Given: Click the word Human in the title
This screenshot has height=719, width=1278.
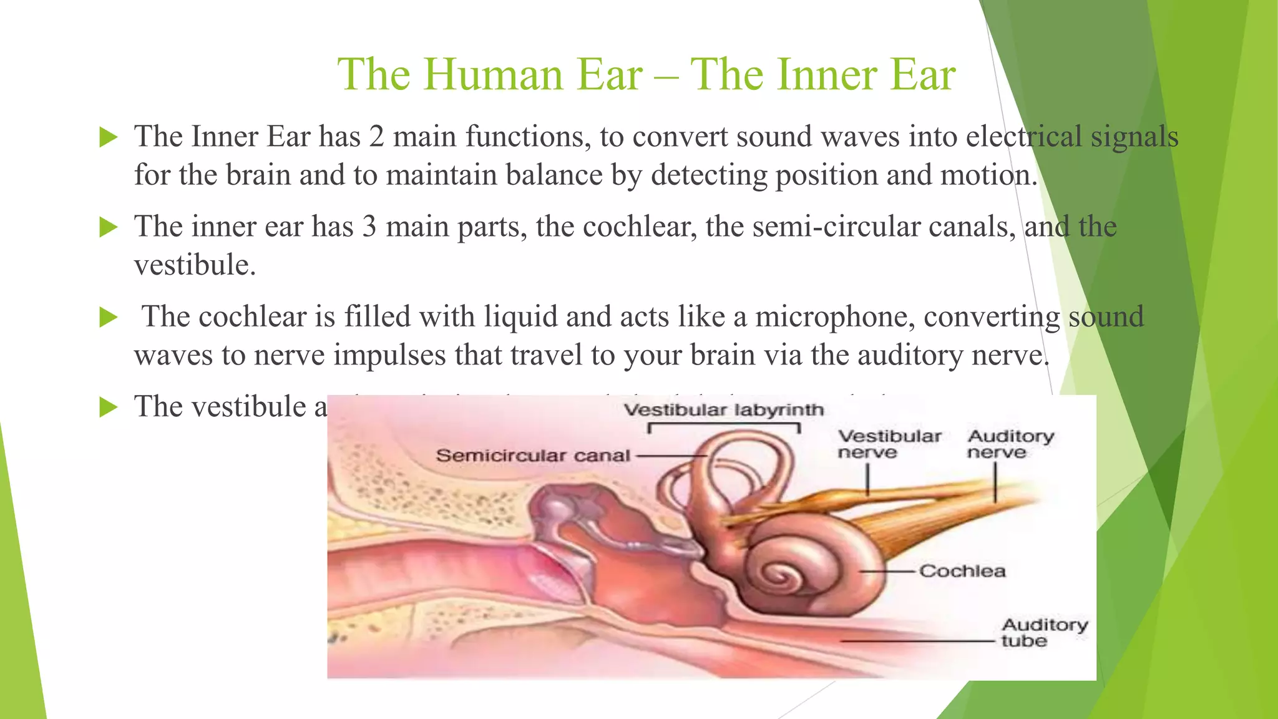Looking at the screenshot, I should tap(494, 75).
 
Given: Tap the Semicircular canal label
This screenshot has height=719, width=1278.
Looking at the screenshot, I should tap(532, 456).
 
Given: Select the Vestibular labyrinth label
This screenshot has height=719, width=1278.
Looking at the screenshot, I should tap(724, 410).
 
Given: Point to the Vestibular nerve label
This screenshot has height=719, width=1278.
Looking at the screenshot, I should tap(889, 444).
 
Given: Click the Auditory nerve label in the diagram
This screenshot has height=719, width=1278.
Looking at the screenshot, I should tap(1010, 444).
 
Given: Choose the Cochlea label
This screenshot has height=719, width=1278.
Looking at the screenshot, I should tap(962, 571).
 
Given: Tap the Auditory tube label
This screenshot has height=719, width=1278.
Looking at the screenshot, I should tap(1044, 632).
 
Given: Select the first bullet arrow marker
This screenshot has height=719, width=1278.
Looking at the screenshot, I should tap(109, 137).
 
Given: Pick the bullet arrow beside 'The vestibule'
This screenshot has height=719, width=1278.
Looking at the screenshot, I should tap(109, 408).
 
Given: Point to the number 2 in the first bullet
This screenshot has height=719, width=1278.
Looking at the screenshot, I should tap(376, 137).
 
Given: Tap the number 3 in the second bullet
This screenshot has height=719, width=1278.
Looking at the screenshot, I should tap(369, 227).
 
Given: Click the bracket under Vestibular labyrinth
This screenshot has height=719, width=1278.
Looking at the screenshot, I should tap(724, 425).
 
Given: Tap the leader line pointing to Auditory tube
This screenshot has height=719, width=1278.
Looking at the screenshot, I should tap(917, 641).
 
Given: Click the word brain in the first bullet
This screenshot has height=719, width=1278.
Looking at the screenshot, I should tap(258, 175).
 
